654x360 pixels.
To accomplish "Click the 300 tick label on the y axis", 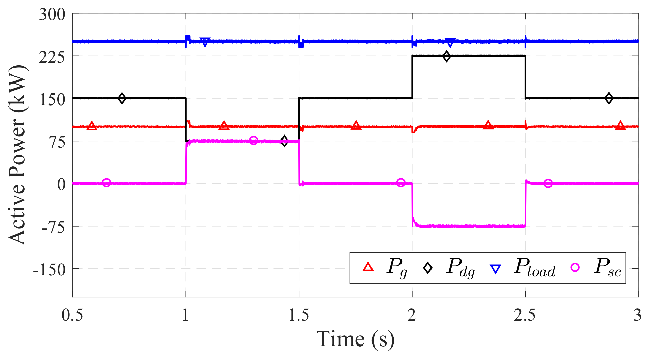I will tap(52, 14).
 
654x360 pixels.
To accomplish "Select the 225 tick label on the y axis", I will tap(52, 57).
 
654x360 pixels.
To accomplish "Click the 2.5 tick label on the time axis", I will tap(525, 316).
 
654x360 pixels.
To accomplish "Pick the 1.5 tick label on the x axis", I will tap(299, 316).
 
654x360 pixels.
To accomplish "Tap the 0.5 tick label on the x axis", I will tap(72, 316).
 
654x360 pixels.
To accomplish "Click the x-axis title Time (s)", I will tap(355, 339).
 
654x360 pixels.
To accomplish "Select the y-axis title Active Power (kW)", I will tap(18, 155).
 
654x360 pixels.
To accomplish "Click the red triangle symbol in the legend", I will tap(368, 267).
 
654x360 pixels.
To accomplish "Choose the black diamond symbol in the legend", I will tap(428, 268).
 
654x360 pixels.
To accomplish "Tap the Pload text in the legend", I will tap(534, 268).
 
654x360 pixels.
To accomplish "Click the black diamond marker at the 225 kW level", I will tap(447, 56).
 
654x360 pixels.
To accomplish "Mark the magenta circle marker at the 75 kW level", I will tap(254, 141).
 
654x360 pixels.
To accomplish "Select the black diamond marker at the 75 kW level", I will tap(284, 141).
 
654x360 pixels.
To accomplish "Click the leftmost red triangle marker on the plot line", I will tap(92, 126).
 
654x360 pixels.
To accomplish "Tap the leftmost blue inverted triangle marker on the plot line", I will tap(205, 42).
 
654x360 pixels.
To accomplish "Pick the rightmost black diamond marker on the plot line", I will tap(609, 98).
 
